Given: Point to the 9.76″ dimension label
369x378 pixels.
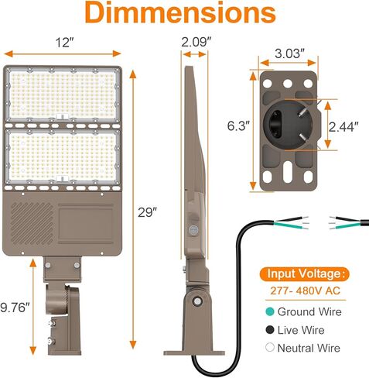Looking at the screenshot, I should tap(16, 308).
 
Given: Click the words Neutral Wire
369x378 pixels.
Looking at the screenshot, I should tap(309, 349).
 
